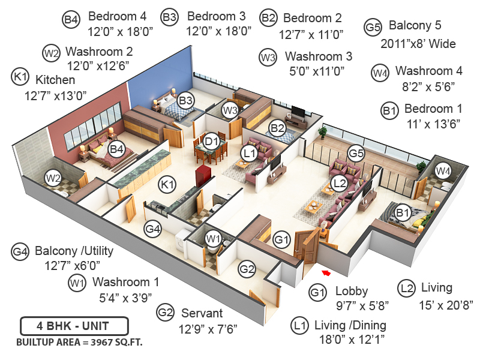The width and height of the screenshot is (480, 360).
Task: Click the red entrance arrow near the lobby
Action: coord(326,274)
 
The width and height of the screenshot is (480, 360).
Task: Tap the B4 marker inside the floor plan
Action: coord(116,148)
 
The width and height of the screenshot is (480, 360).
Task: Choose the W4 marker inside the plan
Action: coord(443,172)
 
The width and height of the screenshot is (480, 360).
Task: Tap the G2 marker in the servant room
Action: coord(248,269)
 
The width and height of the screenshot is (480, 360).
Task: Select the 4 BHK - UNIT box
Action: coord(74,328)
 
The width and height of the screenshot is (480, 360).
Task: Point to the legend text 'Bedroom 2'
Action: coord(312,19)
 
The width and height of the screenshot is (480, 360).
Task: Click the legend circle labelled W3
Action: coord(268,58)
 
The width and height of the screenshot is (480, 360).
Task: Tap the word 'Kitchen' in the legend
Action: coord(55,80)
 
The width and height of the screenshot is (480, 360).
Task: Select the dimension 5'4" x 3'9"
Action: coord(125,296)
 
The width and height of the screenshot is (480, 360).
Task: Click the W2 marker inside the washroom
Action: coord(53,178)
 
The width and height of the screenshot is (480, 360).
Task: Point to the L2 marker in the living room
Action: coord(339,182)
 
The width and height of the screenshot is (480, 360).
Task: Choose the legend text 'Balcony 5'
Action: coord(415,26)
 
